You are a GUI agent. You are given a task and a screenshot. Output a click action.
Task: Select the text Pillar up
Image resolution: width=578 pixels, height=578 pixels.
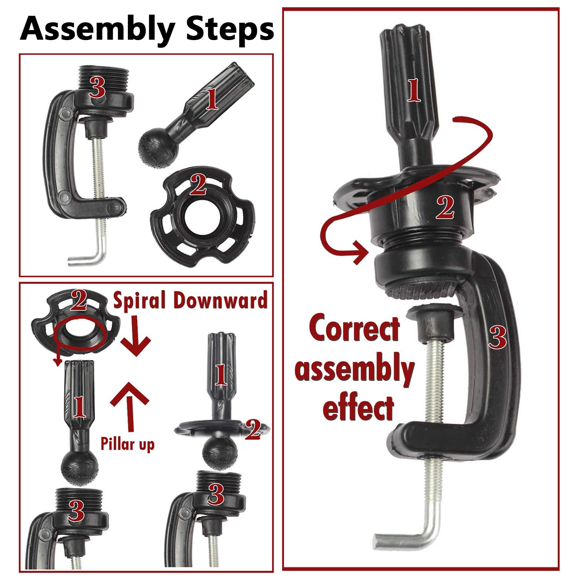[x=128, y=444]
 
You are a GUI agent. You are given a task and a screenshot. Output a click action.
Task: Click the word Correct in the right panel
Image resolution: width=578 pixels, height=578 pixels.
[x=355, y=328]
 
